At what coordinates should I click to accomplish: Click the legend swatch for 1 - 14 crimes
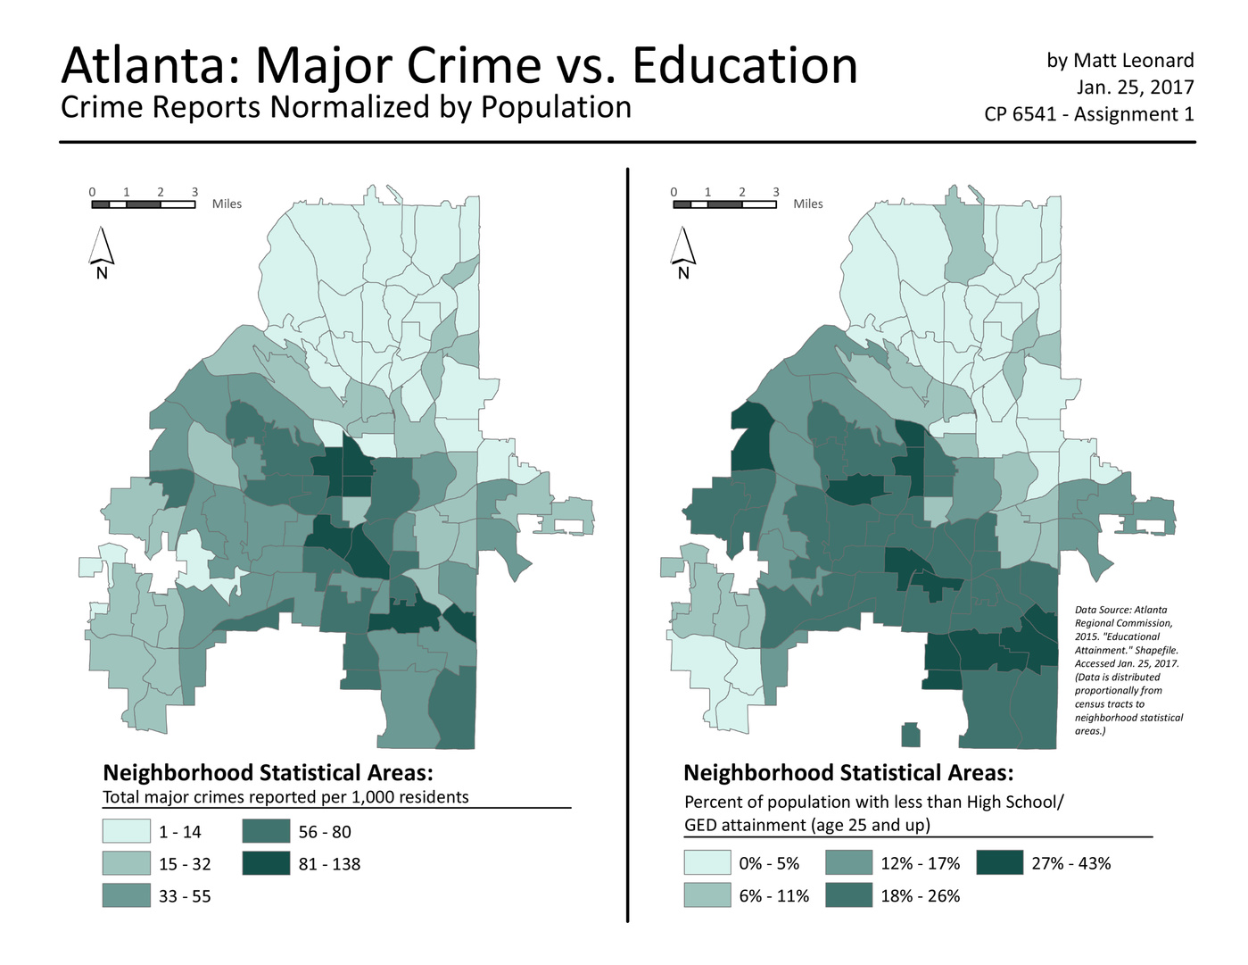coord(126,831)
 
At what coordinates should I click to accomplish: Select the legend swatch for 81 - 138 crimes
coord(266,863)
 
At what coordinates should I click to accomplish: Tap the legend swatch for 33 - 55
coord(126,895)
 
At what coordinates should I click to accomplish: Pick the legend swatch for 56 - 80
coord(266,831)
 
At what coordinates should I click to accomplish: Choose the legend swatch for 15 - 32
coord(126,863)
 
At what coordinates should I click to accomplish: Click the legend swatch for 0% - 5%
coord(707,863)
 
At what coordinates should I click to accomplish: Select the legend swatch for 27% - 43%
coord(999,863)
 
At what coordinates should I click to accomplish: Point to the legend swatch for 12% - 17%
coord(848,863)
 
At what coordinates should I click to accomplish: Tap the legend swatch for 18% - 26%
coord(848,895)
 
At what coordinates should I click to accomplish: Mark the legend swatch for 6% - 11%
coord(707,895)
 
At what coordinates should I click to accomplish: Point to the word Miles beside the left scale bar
coord(227,204)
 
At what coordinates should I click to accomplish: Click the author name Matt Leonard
coord(1133,61)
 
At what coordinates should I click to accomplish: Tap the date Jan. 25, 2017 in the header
coord(1135,87)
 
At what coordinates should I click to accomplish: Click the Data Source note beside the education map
coord(1128,670)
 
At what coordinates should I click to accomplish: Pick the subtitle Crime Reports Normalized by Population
coord(346,107)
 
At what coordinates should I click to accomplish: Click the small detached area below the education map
coord(910,736)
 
